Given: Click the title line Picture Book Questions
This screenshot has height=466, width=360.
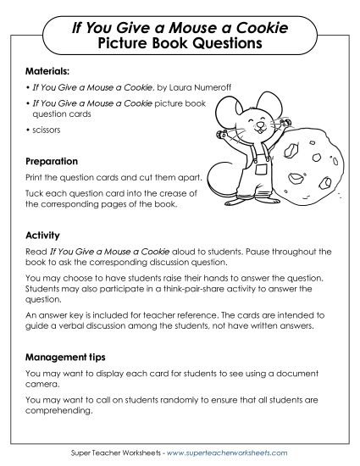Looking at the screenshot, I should [180, 42].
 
